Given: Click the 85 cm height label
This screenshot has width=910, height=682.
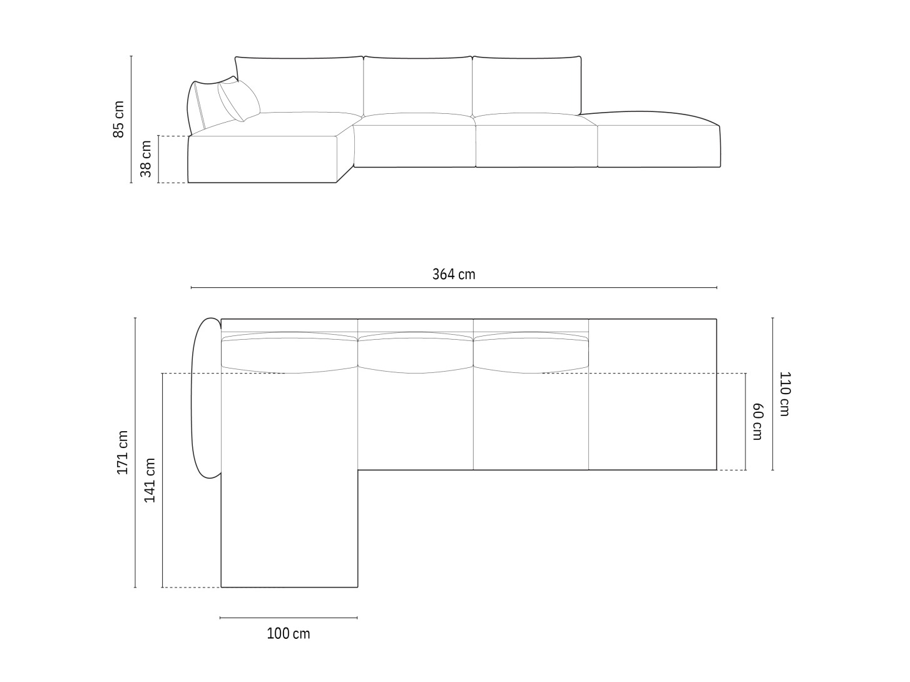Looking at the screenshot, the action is (118, 120).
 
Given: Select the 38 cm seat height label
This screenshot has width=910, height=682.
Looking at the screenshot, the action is (146, 159).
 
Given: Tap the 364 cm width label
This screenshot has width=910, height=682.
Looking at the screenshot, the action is (454, 274).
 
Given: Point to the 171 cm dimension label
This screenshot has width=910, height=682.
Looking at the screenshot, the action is (123, 452).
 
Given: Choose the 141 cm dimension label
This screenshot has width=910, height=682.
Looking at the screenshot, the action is (150, 481).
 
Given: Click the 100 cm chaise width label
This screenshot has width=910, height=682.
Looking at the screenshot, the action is (288, 634).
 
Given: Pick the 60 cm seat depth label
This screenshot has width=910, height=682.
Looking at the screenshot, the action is (757, 421).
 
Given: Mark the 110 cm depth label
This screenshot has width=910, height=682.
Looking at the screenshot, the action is (785, 394).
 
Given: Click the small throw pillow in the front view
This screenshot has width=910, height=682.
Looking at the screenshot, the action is (239, 101).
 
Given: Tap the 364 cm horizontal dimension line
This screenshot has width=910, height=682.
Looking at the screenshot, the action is (454, 288).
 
